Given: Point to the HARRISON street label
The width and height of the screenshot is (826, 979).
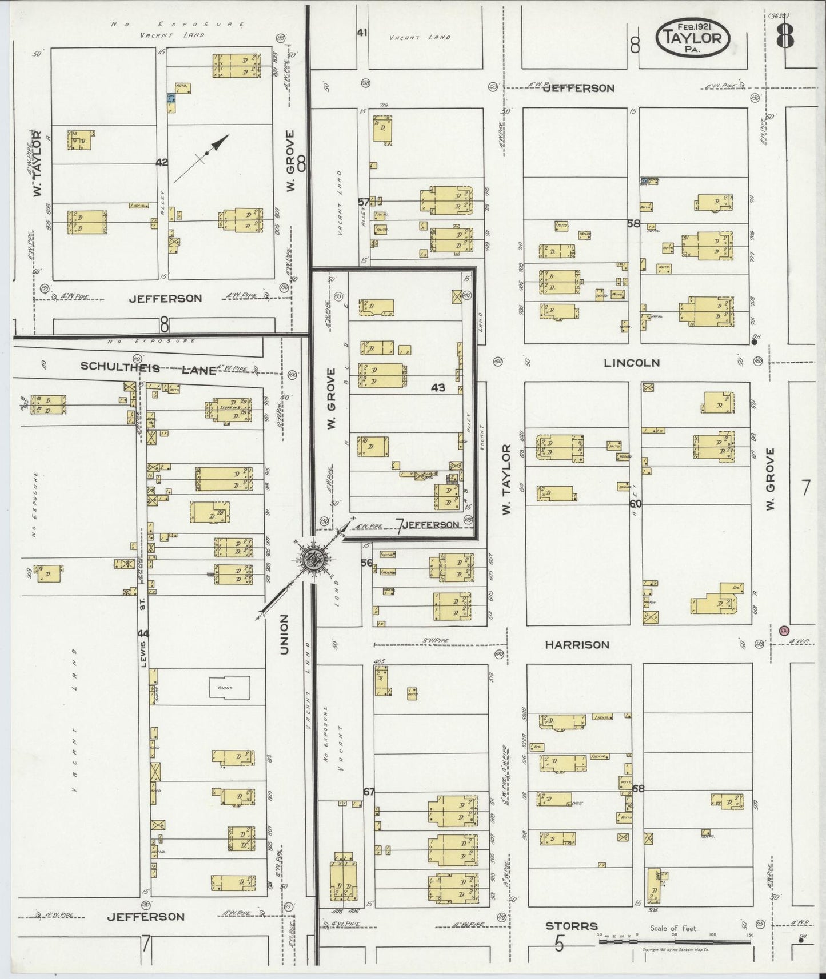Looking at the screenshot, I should (x=577, y=645).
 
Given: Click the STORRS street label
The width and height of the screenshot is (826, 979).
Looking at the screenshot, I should (x=571, y=926).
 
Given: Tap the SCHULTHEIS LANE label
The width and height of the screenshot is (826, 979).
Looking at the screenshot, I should (x=148, y=368).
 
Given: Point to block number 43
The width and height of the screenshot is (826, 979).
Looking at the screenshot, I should (x=438, y=388).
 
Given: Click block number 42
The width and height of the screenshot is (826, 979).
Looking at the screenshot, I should (x=162, y=162).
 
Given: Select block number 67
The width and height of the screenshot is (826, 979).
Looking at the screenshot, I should (x=369, y=792).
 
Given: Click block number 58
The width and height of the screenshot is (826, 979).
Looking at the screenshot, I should (x=633, y=224).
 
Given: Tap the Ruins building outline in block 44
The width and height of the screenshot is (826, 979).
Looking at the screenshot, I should (x=229, y=687).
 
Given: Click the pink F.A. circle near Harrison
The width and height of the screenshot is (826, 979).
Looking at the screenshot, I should (x=784, y=630).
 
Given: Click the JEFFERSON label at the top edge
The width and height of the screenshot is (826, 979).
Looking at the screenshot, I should (x=578, y=88).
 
